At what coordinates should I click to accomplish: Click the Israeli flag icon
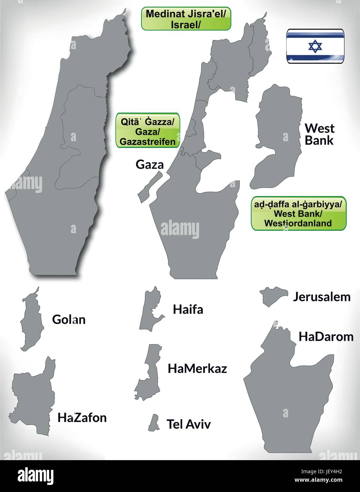pyautogui.click(x=315, y=46)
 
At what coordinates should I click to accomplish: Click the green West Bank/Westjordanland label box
pyautogui.click(x=298, y=214)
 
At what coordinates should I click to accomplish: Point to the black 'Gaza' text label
pyautogui.click(x=150, y=165)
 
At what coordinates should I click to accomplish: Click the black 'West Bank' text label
pyautogui.click(x=319, y=134)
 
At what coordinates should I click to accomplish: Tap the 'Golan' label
pyautogui.click(x=69, y=320)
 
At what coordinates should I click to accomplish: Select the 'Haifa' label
pyautogui.click(x=188, y=310)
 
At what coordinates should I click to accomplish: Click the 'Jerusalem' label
pyautogui.click(x=321, y=297)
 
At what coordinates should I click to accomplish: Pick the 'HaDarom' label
pyautogui.click(x=326, y=337)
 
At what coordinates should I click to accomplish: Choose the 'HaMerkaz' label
pyautogui.click(x=197, y=369)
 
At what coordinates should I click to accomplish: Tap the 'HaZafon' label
pyautogui.click(x=82, y=418)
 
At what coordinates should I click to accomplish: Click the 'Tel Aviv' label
pyautogui.click(x=188, y=424)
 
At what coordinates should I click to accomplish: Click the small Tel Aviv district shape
pyautogui.click(x=153, y=423)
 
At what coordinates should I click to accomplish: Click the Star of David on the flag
pyautogui.click(x=315, y=46)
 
